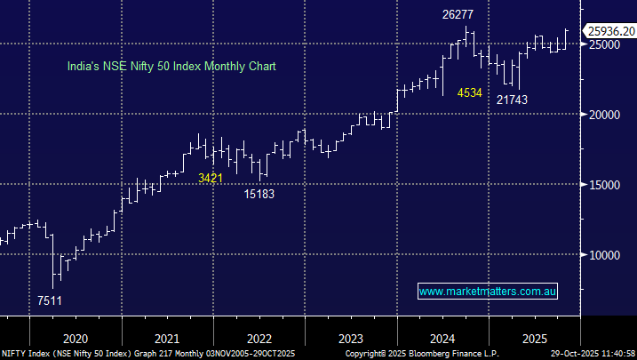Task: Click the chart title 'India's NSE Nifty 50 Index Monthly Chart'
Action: point(172,66)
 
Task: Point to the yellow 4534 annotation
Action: point(469,92)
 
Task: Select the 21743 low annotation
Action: point(512,100)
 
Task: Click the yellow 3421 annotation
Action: point(210,179)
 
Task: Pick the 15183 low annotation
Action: point(260,193)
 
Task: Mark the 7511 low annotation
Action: point(51,300)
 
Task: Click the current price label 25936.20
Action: point(609,31)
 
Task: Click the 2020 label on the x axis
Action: point(76,339)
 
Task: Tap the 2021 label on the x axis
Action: point(168,339)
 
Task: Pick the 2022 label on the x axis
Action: point(259,339)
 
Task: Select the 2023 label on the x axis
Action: point(351,339)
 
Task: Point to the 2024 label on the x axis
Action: point(442,339)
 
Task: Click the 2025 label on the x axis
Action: point(533,339)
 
